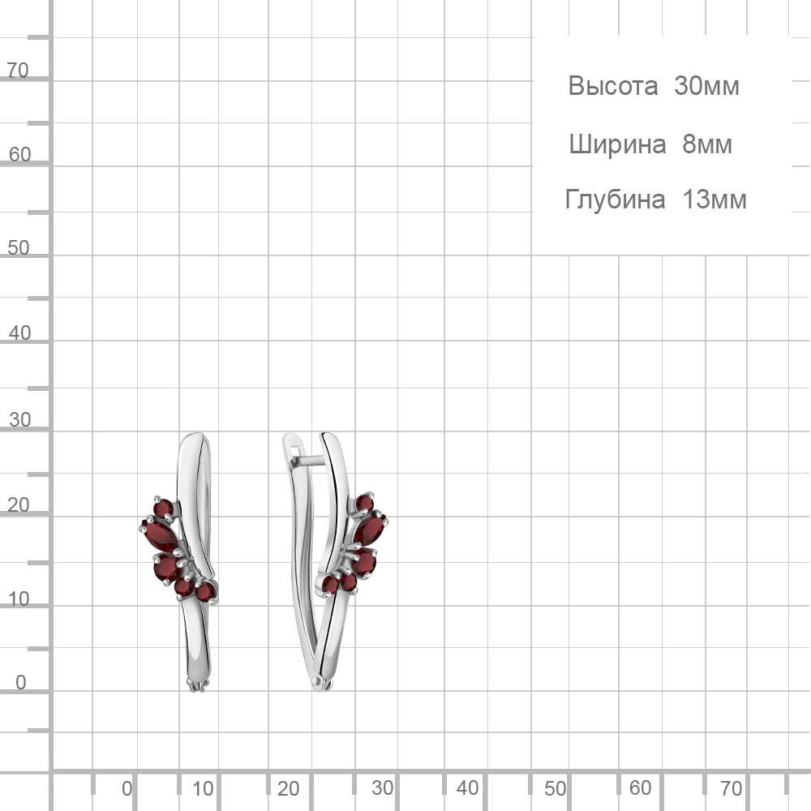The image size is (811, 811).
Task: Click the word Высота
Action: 613,86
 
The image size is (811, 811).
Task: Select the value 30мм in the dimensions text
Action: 706,86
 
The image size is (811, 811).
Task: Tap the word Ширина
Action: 617,144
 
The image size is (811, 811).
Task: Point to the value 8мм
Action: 707,144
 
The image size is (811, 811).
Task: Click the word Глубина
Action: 615,200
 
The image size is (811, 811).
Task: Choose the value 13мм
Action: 714,200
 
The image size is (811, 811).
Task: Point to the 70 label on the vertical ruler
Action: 17,70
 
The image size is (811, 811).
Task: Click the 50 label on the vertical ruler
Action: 18,247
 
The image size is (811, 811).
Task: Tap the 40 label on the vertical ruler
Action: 19,333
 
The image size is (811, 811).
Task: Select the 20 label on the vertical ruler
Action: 18,504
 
